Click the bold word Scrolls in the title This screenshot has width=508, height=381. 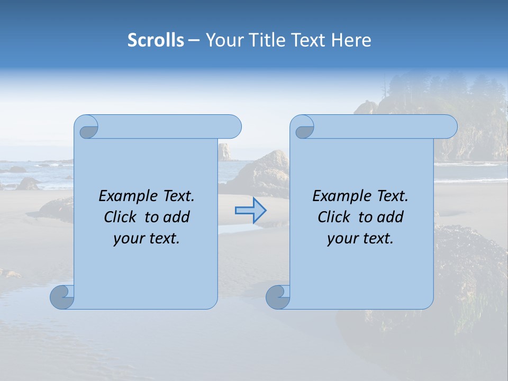coord(156,40)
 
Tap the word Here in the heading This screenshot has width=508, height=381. coord(352,40)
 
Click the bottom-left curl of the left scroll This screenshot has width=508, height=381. coord(62,297)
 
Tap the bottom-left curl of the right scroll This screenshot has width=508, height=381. coord(277,297)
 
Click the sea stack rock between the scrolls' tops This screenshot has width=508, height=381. coord(225,151)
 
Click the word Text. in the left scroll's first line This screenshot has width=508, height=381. coord(176,196)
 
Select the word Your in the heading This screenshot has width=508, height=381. coord(223,40)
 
